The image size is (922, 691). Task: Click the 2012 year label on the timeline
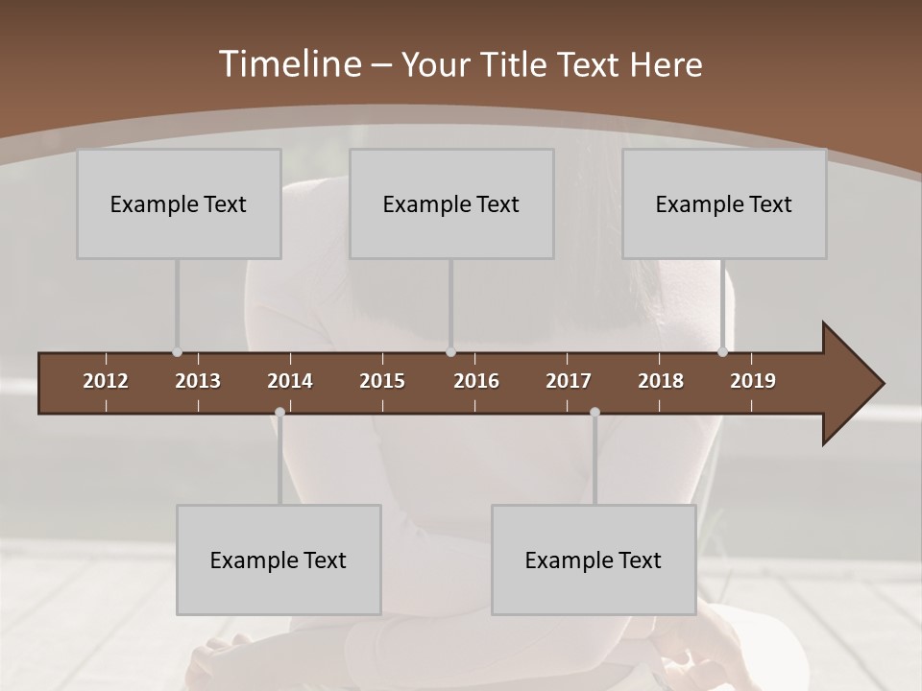coord(106,381)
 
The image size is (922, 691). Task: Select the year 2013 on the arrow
coord(198,381)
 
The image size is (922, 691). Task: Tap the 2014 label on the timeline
coord(290,381)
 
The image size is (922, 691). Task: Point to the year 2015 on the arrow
coord(382,381)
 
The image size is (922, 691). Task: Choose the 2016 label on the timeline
coord(476,381)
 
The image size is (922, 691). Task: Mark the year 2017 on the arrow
coord(569,381)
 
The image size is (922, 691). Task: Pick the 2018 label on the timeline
coord(661,381)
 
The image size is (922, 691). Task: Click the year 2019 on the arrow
coord(753,381)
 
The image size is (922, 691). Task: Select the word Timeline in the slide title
coord(289,64)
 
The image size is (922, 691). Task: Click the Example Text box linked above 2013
coord(179,204)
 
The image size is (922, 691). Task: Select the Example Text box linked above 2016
coord(451,204)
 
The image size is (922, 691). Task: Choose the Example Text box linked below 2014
coord(279,560)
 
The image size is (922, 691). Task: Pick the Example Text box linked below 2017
coord(594,560)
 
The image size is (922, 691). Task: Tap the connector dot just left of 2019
coord(723,352)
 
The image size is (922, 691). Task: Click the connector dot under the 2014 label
coord(279,412)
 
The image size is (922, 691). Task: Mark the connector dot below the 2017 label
coord(594,412)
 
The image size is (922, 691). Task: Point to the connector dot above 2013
coord(178,352)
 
